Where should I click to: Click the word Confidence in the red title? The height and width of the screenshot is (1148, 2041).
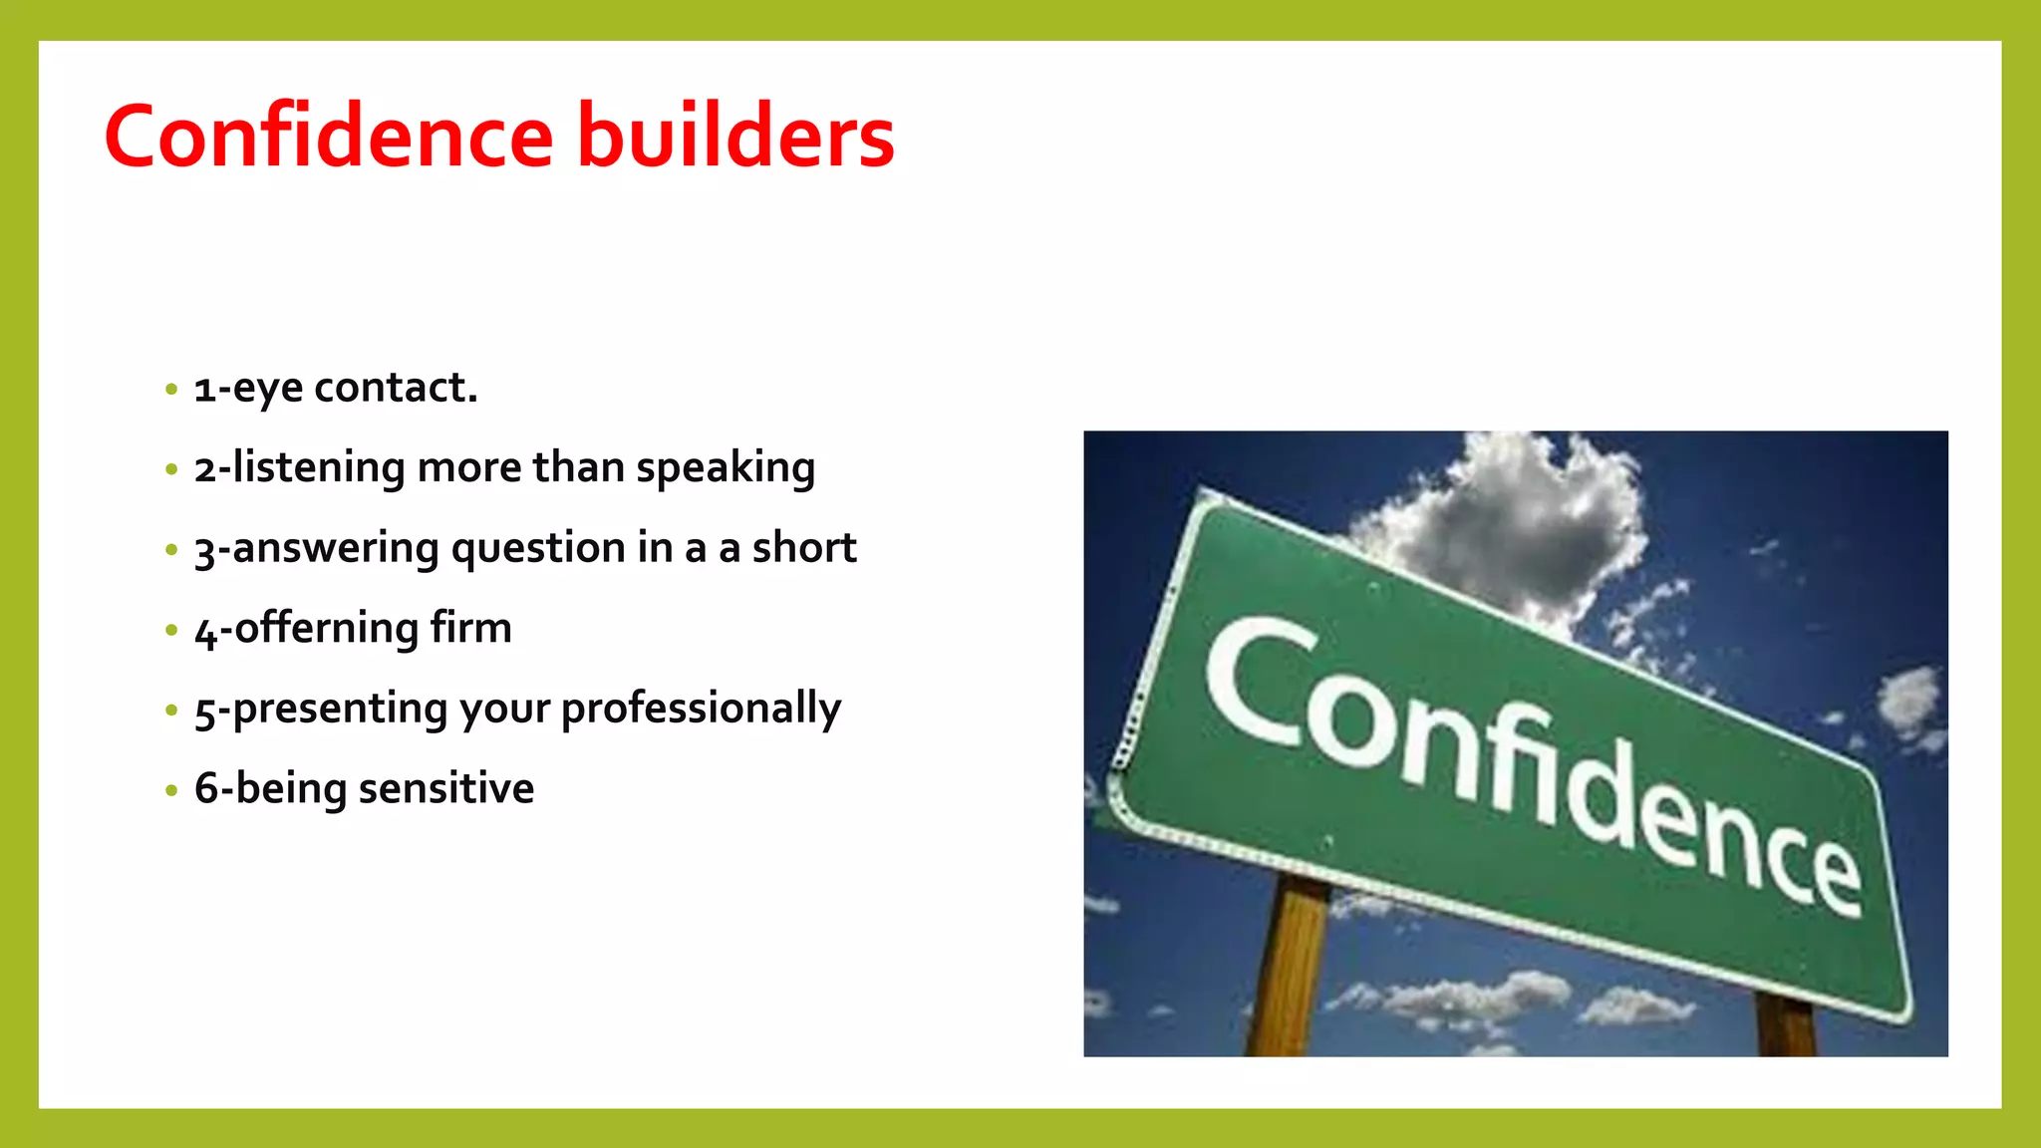(329, 137)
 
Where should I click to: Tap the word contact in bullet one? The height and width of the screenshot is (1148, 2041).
(396, 388)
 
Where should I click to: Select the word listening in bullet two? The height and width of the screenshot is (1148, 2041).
(319, 468)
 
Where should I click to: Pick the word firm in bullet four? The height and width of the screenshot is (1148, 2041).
(470, 628)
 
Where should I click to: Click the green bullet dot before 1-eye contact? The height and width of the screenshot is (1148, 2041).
(171, 390)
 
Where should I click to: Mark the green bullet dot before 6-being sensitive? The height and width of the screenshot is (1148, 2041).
(171, 791)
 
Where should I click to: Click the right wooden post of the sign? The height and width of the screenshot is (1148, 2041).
(1784, 1026)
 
